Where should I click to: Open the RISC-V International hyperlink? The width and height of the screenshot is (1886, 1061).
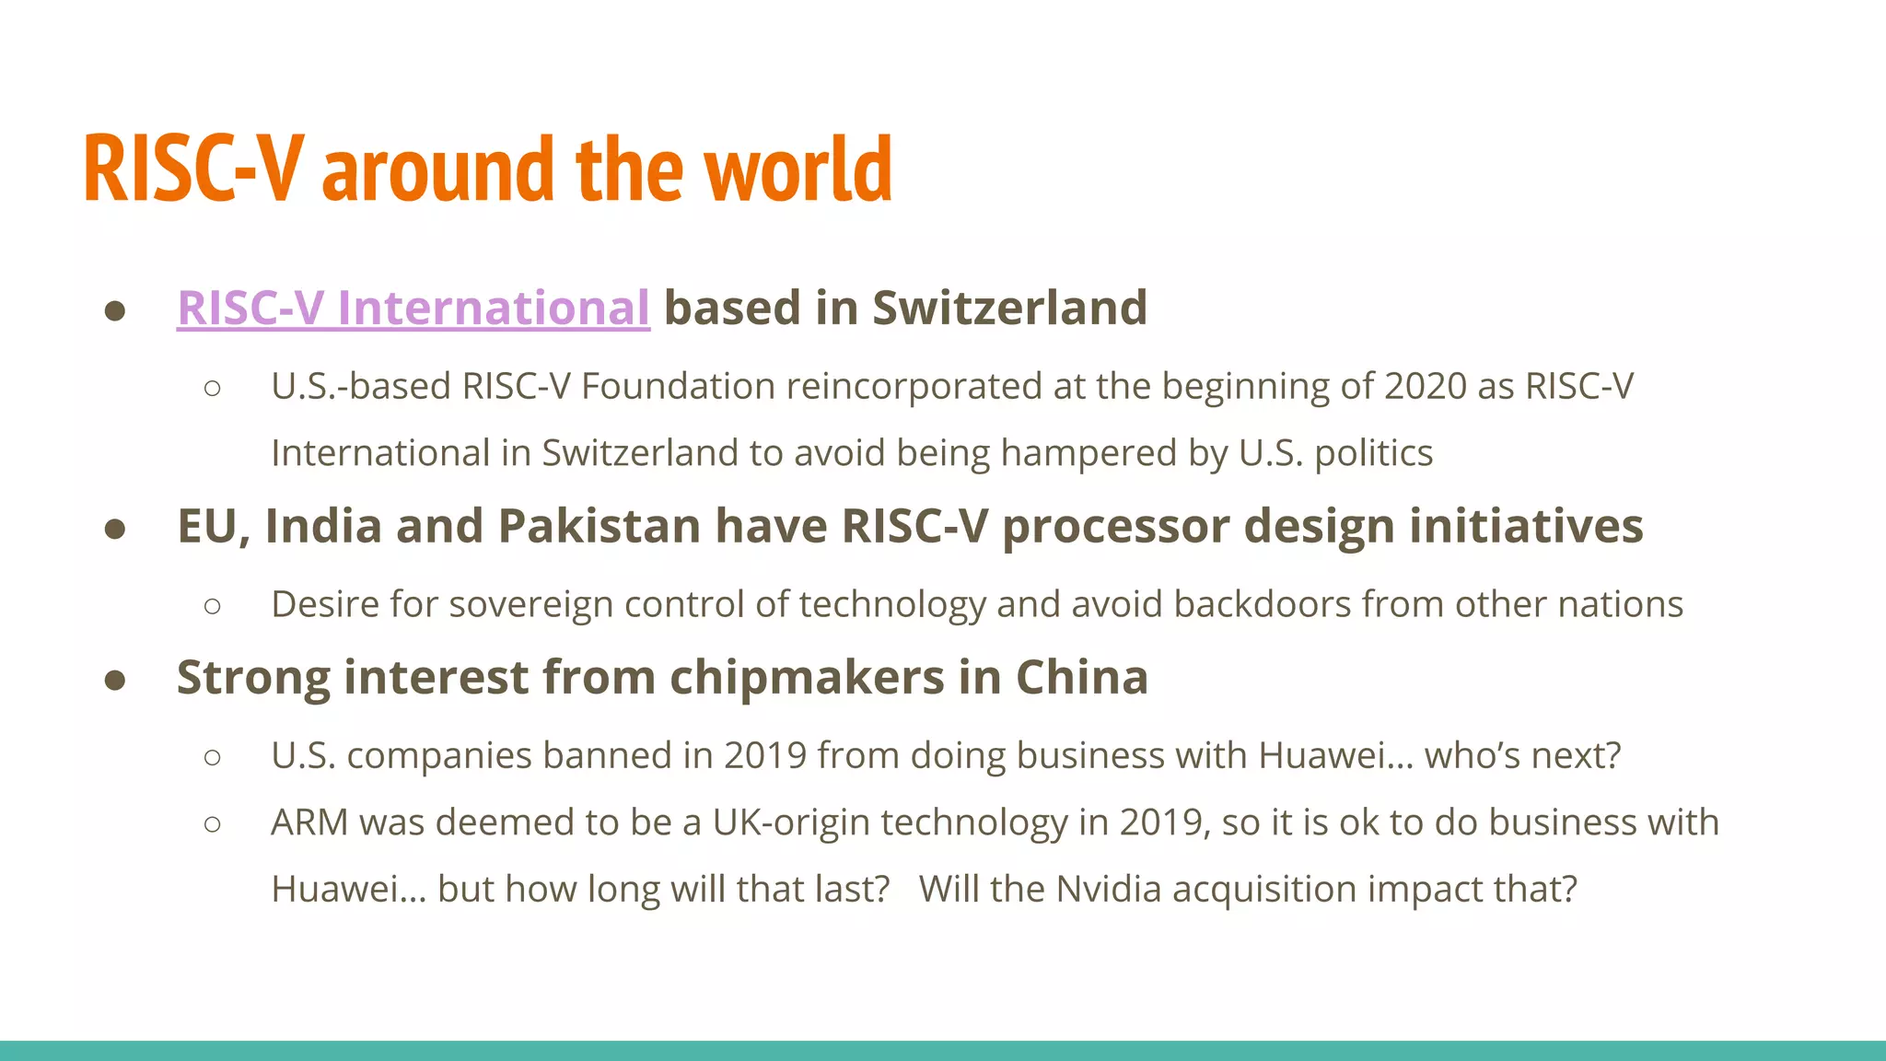pos(413,308)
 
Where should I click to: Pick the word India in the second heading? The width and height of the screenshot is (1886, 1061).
pos(323,527)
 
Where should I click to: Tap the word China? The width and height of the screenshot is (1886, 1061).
pos(1082,678)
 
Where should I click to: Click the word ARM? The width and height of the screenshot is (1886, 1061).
pos(309,822)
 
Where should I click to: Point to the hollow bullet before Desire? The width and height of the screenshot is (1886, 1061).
pos(213,606)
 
